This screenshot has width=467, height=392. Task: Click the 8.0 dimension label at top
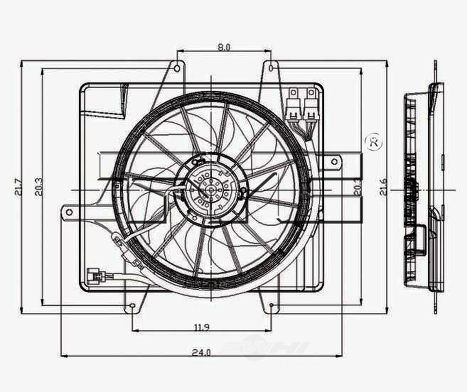224,47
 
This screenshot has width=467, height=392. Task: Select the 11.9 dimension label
201,327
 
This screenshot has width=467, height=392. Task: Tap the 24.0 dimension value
201,352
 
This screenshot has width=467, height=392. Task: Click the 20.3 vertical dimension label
39,187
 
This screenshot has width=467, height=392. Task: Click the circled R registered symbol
374,143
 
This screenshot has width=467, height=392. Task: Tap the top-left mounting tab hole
177,69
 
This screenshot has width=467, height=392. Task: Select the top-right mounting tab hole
272,68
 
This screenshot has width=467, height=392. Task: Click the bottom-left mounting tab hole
132,306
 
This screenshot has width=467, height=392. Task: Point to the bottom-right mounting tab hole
272,305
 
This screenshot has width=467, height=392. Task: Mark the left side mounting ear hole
69,212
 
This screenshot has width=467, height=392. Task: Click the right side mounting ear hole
334,161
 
